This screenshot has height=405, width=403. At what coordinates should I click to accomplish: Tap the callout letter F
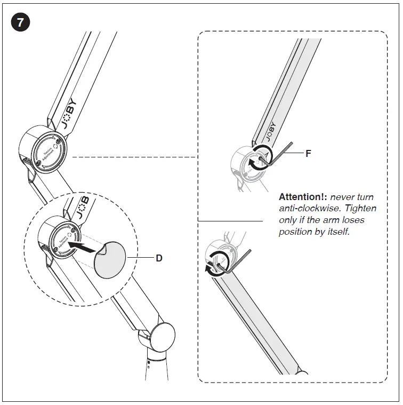(x=308, y=153)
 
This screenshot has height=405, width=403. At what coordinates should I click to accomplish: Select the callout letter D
(x=158, y=258)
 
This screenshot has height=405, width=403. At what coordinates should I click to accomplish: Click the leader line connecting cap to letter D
(x=140, y=258)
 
